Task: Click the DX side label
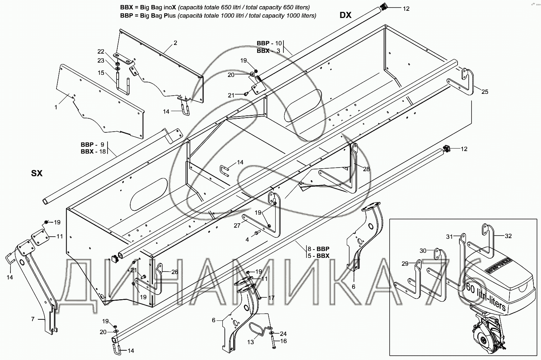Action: coord(346,15)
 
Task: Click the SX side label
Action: coord(37,173)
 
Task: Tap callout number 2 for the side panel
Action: coord(175,43)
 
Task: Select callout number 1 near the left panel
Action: coord(56,107)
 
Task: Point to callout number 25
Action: coord(485,92)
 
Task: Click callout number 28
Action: coord(366,169)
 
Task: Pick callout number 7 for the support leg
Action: coord(33,319)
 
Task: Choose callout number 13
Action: coord(250,342)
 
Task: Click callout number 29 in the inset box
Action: coord(405,264)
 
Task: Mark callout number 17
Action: coord(271,298)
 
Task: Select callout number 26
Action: coord(174,272)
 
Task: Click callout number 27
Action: coord(237,225)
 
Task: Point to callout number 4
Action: coord(247,240)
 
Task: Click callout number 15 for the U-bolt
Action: coord(101,73)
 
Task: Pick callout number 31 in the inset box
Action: coord(449,237)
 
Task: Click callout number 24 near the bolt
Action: coord(283,333)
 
